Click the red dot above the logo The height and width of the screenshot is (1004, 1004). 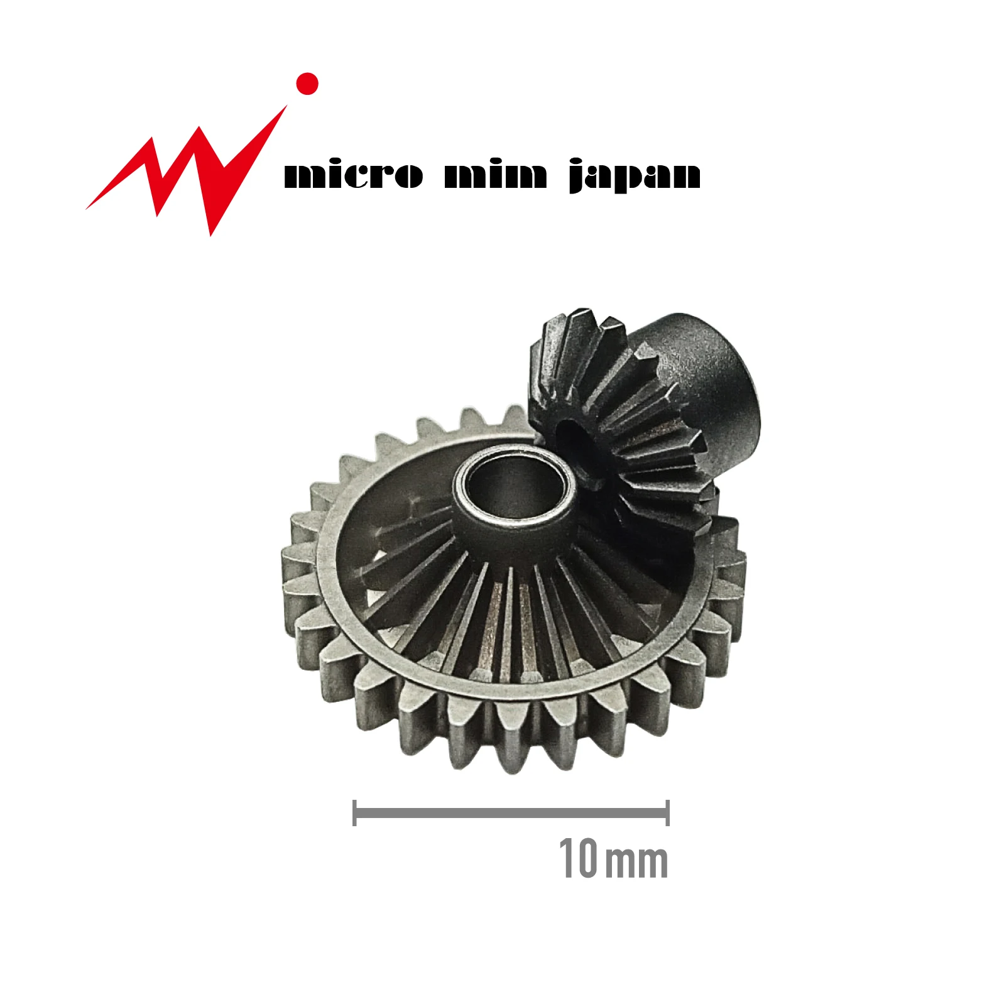pyautogui.click(x=307, y=84)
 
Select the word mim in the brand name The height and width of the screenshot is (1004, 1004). pyautogui.click(x=496, y=175)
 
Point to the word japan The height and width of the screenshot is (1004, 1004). pyautogui.click(x=635, y=176)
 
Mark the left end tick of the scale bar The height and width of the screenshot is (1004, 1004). pyautogui.click(x=355, y=813)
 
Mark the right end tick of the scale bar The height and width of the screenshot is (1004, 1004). pyautogui.click(x=667, y=813)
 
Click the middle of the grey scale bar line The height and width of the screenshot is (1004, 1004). pyautogui.click(x=511, y=814)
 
